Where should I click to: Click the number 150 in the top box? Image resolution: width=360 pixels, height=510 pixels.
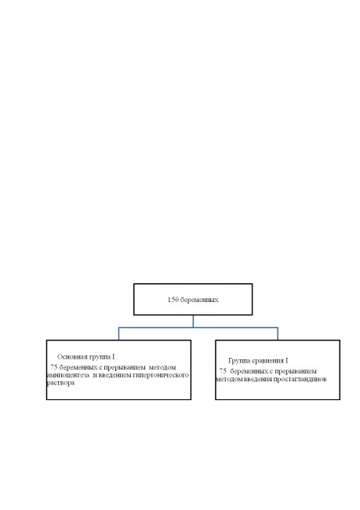coord(173,300)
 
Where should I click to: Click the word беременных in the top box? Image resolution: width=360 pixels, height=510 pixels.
coord(199,300)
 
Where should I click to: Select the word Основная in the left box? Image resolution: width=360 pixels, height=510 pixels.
coord(72,357)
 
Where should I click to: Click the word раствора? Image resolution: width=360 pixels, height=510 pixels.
coord(60,383)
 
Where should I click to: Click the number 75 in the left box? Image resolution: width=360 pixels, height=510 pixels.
coord(54,367)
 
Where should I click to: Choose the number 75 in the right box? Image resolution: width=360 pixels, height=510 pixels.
coord(223,371)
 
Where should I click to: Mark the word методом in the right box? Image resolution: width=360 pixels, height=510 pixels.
coord(229,379)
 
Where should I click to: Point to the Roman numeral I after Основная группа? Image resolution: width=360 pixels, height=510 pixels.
coord(114,357)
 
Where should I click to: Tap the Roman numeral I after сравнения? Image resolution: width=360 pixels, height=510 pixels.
coord(287,361)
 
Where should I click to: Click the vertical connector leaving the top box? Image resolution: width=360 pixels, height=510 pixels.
coord(193,321)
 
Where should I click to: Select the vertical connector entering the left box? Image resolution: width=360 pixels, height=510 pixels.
coord(118,333)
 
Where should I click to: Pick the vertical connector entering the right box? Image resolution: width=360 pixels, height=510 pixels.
coord(278,333)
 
